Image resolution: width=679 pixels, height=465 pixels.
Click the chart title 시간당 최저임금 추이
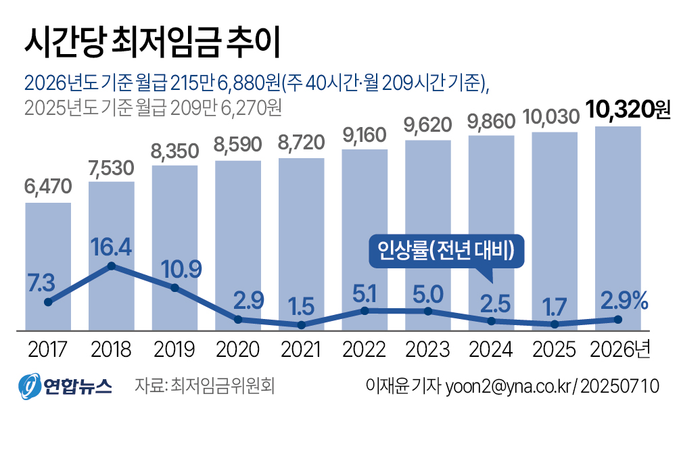pyautogui.click(x=151, y=43)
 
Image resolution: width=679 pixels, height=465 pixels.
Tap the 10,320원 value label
pyautogui.click(x=628, y=109)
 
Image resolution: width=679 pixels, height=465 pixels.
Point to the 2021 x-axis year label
pyautogui.click(x=301, y=349)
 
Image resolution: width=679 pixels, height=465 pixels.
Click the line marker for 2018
pyautogui.click(x=112, y=266)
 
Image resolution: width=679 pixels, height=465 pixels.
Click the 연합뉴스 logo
pyautogui.click(x=64, y=385)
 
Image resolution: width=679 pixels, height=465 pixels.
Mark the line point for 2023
pyautogui.click(x=428, y=311)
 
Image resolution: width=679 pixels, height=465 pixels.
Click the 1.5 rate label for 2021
pyautogui.click(x=302, y=306)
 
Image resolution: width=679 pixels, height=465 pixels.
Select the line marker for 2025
pyautogui.click(x=555, y=324)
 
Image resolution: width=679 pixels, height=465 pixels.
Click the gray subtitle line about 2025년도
pyautogui.click(x=151, y=107)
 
